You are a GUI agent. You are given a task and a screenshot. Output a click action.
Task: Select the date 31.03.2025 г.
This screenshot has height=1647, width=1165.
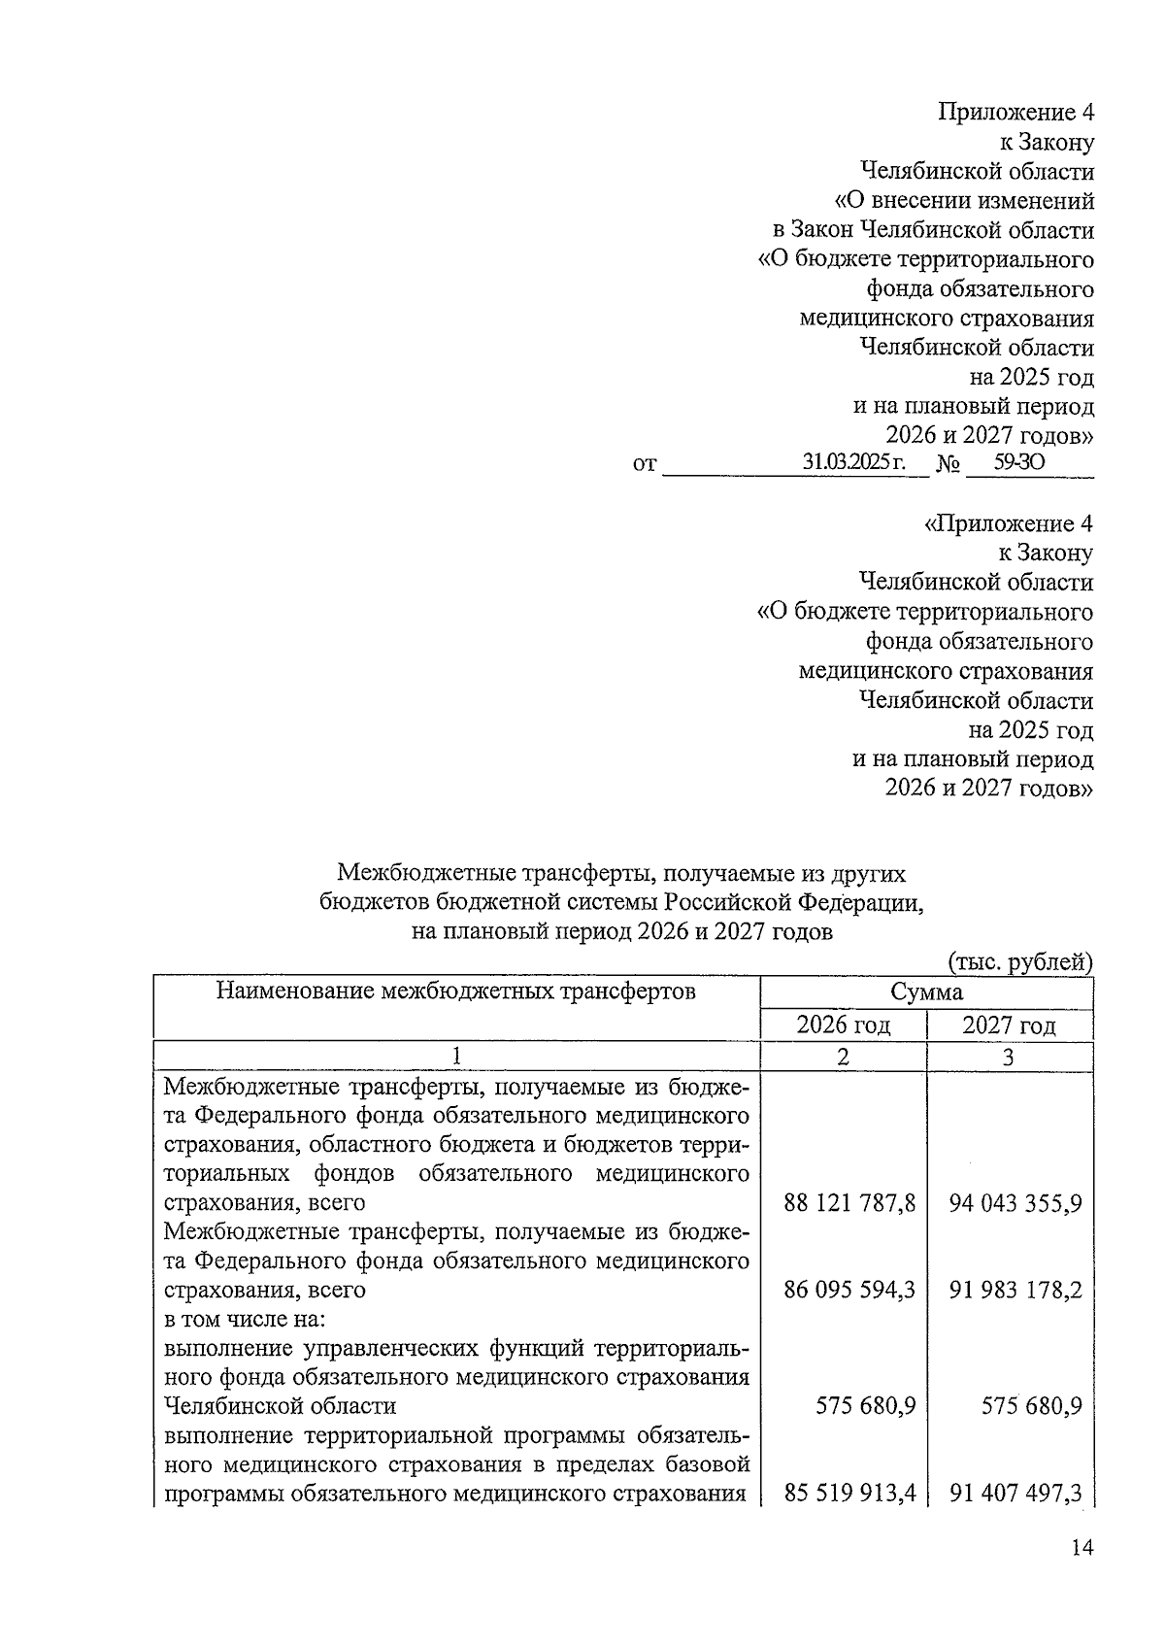pos(852,463)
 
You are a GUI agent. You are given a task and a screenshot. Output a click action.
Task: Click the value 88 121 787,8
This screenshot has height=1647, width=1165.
pos(849,1204)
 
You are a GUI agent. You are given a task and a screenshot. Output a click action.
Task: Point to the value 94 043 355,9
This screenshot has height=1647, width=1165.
pos(1015,1204)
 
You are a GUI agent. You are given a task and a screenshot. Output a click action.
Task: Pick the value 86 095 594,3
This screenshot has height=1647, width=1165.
pos(849,1291)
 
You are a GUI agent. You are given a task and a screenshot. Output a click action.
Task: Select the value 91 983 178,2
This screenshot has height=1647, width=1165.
pos(1015,1291)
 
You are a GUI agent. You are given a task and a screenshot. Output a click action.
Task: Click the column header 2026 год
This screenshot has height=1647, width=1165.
pos(843,1025)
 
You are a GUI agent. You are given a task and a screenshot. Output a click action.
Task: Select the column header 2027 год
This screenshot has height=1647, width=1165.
pos(1009,1025)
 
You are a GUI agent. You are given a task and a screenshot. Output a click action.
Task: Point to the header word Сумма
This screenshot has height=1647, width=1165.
pos(926,992)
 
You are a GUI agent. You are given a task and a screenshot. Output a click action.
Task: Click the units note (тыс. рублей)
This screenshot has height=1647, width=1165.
pos(1019,962)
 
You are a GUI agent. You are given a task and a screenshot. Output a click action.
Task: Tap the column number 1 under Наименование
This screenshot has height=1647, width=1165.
pos(455,1057)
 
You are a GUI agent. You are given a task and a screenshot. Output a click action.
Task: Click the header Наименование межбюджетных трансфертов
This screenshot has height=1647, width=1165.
pos(455,992)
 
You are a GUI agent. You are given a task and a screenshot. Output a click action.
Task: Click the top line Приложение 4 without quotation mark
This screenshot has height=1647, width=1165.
pos(1015,113)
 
